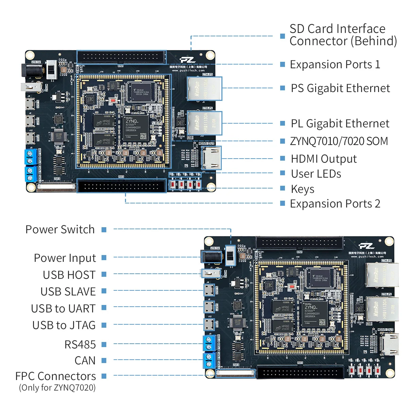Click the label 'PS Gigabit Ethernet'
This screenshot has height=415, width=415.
(x=340, y=88)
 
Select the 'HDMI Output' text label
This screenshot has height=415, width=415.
(x=324, y=159)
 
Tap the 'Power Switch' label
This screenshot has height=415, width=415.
(x=60, y=230)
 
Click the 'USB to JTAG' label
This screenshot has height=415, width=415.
(x=64, y=325)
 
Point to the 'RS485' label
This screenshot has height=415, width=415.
(x=80, y=344)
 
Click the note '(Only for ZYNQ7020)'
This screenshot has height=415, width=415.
(x=57, y=387)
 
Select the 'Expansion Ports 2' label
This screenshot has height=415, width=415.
(x=335, y=204)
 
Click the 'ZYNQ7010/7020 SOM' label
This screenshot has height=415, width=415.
(x=339, y=141)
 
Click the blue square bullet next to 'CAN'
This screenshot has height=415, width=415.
(x=104, y=360)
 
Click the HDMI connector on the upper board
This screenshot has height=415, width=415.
(x=211, y=158)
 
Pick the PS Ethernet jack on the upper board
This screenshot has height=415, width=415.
(x=204, y=88)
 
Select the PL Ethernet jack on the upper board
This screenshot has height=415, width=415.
(x=204, y=123)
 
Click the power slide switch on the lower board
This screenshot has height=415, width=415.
(x=231, y=255)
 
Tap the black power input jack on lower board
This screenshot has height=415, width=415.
(x=211, y=257)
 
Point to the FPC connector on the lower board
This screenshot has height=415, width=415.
(x=235, y=373)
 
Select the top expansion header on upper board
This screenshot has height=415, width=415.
(x=121, y=57)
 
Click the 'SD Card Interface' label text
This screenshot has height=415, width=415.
(x=337, y=29)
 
